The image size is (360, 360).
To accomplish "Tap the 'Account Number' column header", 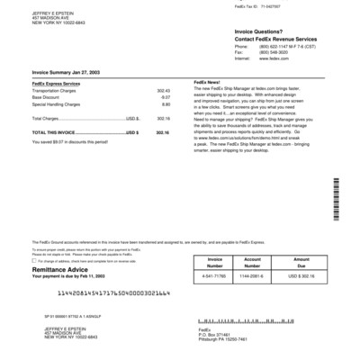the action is coord(251,263).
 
